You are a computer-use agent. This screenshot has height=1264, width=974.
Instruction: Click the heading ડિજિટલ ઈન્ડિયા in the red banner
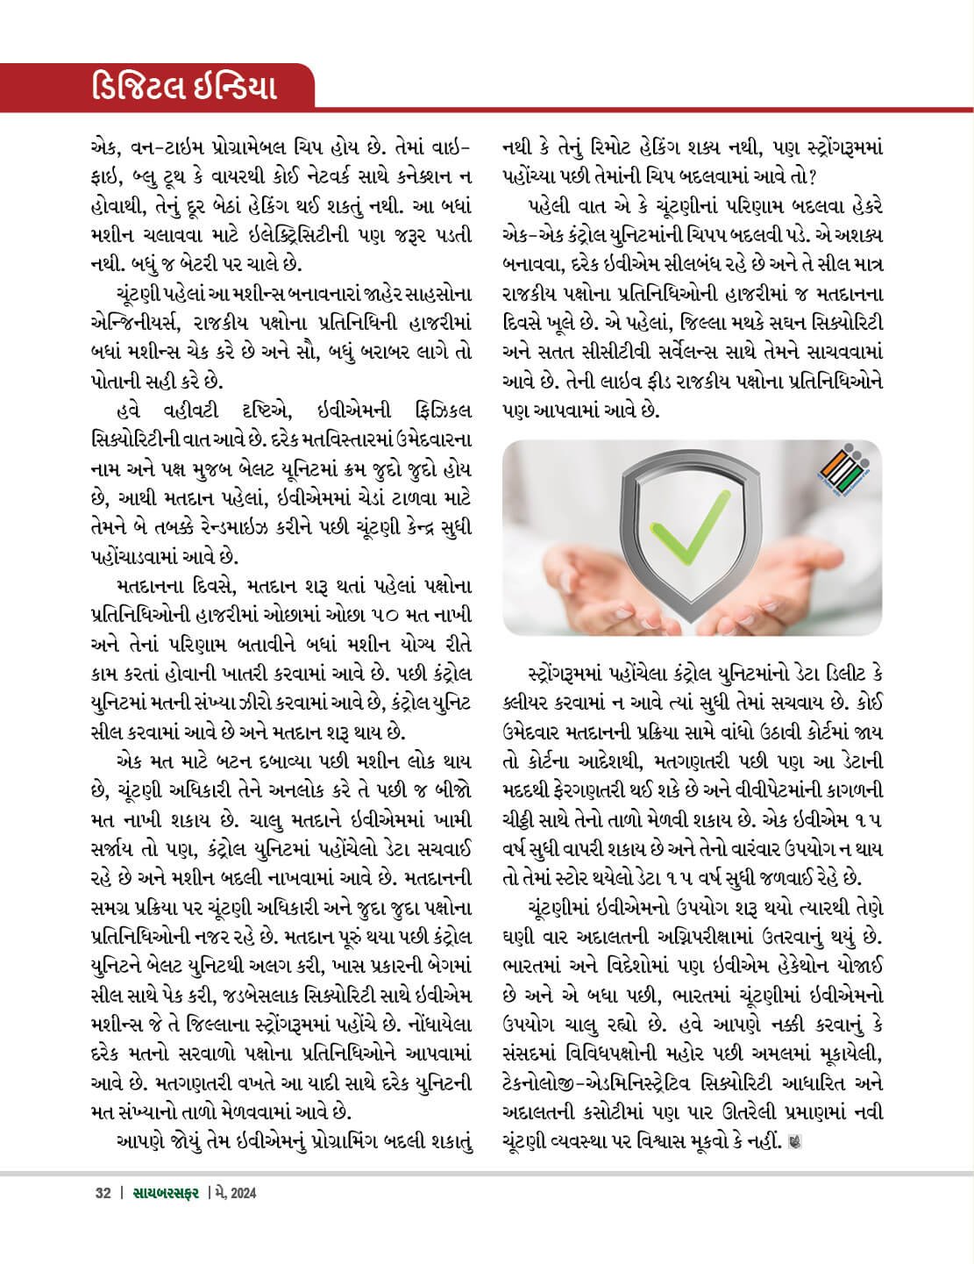coord(185,89)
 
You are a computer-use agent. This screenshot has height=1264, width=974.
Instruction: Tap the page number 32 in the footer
coord(103,1193)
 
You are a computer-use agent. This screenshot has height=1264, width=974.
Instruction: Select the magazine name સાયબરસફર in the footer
coord(167,1193)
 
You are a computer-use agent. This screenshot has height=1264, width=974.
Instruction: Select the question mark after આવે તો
coord(814,176)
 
